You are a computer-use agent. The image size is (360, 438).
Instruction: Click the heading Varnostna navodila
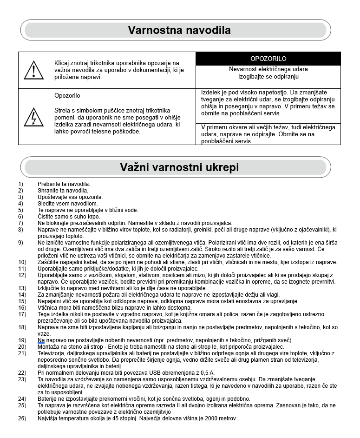(179, 31)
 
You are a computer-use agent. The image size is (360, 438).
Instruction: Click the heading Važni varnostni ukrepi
(179, 167)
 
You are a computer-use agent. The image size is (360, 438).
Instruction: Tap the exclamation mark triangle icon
(33, 70)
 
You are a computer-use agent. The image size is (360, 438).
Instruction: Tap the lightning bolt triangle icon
(33, 117)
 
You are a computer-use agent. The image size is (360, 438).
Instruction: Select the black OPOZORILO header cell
(268, 59)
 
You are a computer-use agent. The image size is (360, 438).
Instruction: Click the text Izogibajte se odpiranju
(268, 76)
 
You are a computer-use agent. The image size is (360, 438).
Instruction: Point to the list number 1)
(20, 184)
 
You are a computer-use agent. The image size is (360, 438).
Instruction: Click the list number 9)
(20, 243)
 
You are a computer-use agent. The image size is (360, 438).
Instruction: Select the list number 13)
(22, 288)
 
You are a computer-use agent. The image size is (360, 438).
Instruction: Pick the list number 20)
(22, 347)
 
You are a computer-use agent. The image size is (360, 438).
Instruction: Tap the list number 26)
(22, 418)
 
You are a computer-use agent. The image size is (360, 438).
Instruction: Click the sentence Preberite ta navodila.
(64, 184)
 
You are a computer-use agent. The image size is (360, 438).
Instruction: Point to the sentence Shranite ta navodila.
(63, 191)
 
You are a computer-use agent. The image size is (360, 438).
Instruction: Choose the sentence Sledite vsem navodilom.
(67, 204)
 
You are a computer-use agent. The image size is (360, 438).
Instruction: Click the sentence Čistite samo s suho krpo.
(69, 217)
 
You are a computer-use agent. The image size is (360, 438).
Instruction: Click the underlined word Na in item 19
(41, 340)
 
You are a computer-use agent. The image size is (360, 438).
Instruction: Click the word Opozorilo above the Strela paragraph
(67, 96)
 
